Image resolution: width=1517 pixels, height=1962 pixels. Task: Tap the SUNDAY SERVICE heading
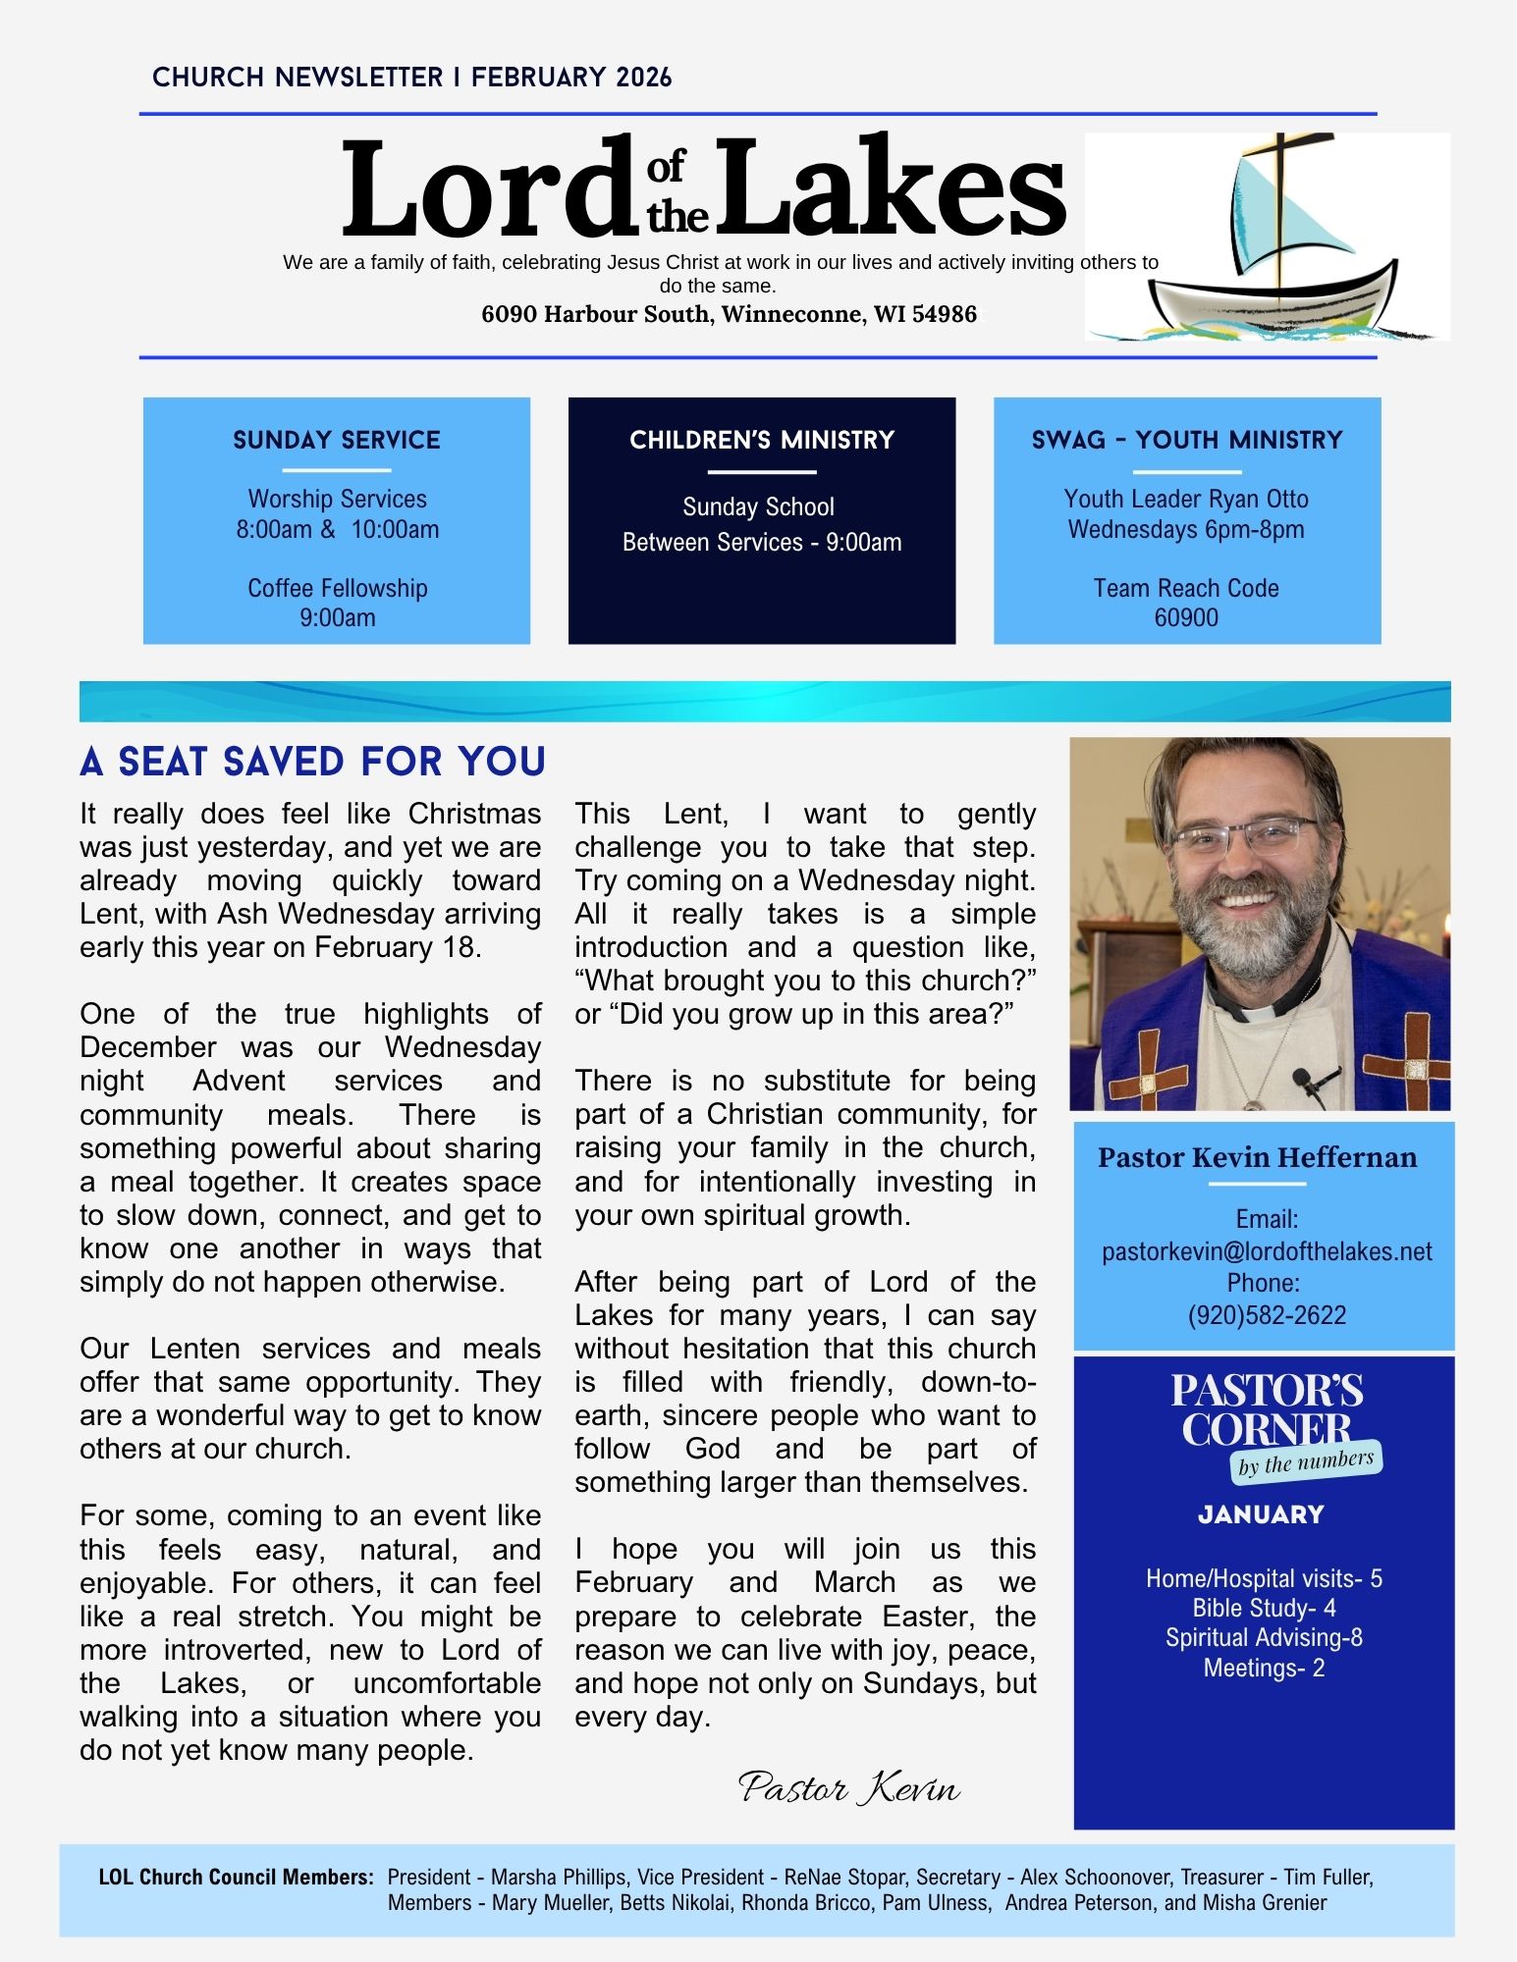(x=337, y=440)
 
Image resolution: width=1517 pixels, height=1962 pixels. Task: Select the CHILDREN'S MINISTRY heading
(x=762, y=440)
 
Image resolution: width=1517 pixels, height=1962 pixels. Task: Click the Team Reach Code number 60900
(x=1186, y=618)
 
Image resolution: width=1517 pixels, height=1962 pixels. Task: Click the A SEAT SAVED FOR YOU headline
(x=312, y=762)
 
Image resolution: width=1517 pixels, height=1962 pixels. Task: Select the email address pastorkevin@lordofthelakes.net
(x=1267, y=1251)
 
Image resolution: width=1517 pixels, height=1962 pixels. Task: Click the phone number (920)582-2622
(x=1267, y=1315)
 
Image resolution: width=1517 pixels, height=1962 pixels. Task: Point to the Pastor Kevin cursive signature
(x=849, y=1788)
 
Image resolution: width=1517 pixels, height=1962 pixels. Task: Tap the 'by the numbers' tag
(x=1306, y=1463)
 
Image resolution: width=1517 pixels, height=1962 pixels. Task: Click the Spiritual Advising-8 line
(x=1264, y=1638)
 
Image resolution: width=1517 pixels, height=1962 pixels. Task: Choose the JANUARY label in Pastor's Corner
(x=1262, y=1514)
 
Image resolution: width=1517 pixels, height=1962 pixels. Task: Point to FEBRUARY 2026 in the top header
(x=571, y=78)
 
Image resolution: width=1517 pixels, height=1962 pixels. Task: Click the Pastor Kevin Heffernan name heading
(x=1257, y=1158)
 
